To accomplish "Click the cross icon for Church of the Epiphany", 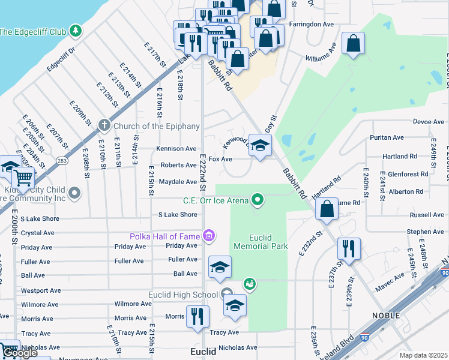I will point(104,125).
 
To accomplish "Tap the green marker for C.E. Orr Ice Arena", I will point(258,199).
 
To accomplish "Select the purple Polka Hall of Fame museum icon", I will point(209,235).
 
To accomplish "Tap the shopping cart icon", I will point(23,177).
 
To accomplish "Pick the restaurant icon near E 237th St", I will point(348,248).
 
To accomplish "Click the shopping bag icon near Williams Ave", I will point(353,44).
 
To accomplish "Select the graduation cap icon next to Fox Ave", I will point(260,146).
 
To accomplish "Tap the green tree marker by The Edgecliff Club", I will point(75,30).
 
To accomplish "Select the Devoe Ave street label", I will point(429,122).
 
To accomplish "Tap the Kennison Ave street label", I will point(176,148).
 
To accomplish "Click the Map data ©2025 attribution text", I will point(423,355).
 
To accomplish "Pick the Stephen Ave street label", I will point(425,232).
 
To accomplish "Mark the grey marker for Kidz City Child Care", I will point(75,193).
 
